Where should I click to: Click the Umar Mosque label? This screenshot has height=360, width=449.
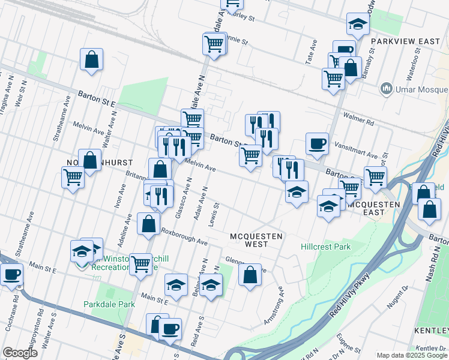(x=421, y=90)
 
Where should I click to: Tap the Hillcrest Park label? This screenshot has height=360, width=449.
(x=325, y=247)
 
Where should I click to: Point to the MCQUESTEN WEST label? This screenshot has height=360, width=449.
(x=256, y=241)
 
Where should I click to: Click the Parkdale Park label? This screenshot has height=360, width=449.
(x=109, y=304)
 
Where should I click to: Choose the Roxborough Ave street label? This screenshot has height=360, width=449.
(x=183, y=238)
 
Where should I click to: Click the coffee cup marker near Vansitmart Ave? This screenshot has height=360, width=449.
(x=317, y=144)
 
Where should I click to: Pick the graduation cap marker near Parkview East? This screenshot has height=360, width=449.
(x=358, y=25)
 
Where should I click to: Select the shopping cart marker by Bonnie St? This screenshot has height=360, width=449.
(x=214, y=44)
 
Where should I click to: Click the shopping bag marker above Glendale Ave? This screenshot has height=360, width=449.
(x=250, y=275)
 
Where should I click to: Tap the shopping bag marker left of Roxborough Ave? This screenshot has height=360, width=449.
(x=148, y=224)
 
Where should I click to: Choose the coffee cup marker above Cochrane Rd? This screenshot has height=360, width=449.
(x=11, y=275)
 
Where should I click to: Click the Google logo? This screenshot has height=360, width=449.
(x=20, y=353)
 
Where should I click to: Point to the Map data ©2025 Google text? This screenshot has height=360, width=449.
(x=412, y=355)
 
